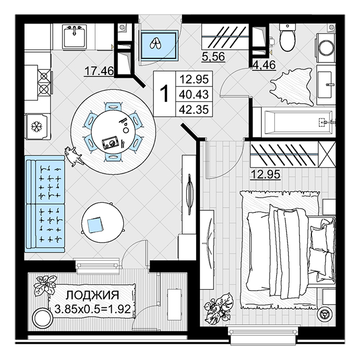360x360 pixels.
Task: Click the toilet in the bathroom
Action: click(287, 38)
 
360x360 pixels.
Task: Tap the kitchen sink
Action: click(74, 37)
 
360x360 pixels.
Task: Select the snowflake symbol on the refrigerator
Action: click(37, 126)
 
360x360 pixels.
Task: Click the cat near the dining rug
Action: click(73, 156)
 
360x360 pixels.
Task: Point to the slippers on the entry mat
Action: click(155, 44)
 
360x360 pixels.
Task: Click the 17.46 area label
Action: click(99, 71)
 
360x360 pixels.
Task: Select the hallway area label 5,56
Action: click(213, 56)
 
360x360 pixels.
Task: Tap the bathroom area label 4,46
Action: click(264, 65)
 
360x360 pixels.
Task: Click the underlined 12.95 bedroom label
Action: click(266, 174)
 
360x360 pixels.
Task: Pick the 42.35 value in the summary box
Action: click(194, 109)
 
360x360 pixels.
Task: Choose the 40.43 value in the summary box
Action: click(194, 94)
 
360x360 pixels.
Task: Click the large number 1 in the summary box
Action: click(164, 93)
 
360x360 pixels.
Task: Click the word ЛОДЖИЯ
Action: click(92, 295)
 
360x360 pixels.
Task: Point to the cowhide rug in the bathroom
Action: click(292, 87)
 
